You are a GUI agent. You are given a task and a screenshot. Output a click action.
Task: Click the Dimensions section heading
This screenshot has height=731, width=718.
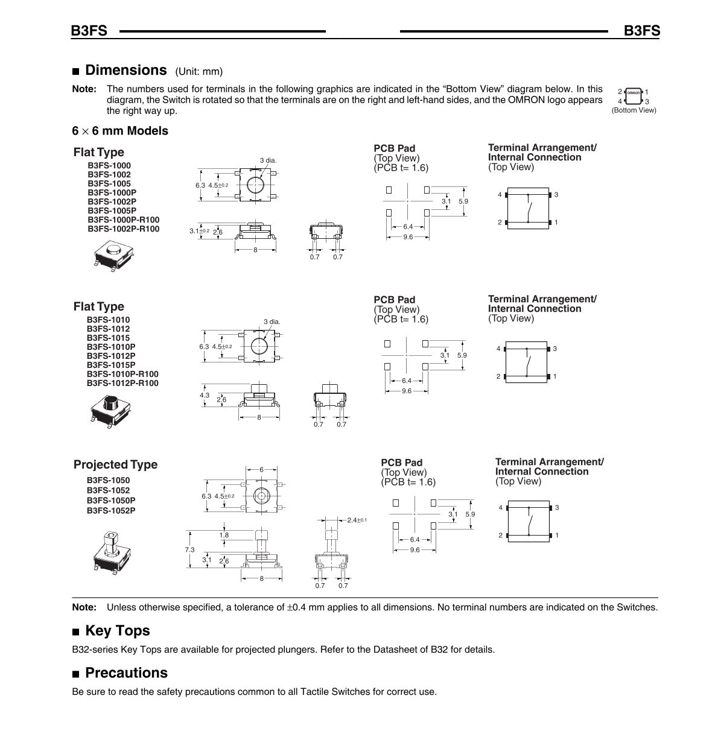click(125, 70)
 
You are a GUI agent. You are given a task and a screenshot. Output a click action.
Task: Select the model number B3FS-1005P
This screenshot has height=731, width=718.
click(112, 210)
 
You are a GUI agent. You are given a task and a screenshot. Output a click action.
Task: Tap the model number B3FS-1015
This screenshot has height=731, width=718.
click(108, 338)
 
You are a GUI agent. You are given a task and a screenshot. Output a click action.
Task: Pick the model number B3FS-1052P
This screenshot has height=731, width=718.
click(111, 511)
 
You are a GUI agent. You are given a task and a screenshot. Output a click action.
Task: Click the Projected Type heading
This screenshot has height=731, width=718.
click(115, 464)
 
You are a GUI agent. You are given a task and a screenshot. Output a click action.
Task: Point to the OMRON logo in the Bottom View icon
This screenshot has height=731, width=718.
click(633, 93)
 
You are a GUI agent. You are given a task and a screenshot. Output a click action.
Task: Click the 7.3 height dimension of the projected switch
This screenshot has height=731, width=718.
click(189, 549)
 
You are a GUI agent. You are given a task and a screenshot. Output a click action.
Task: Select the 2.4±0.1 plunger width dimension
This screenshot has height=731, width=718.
click(357, 520)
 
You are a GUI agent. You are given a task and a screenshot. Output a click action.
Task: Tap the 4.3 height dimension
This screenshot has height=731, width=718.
click(205, 396)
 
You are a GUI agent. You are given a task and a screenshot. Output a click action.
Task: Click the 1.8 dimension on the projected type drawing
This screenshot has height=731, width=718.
click(224, 535)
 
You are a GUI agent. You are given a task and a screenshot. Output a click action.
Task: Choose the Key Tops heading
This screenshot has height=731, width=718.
click(117, 631)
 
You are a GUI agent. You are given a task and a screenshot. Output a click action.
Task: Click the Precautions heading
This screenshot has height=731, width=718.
click(126, 673)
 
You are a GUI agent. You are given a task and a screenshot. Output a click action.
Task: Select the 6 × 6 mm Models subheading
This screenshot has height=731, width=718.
click(120, 131)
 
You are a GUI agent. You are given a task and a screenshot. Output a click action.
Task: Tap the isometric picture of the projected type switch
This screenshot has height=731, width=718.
click(112, 551)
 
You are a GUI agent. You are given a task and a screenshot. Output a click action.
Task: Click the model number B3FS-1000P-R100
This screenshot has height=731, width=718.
click(124, 220)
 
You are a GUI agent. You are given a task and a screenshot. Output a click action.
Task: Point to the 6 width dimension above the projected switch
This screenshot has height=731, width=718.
click(262, 469)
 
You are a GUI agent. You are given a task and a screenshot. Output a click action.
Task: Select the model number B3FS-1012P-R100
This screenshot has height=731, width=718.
click(122, 383)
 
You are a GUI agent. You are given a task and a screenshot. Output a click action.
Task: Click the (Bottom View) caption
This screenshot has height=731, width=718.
click(634, 110)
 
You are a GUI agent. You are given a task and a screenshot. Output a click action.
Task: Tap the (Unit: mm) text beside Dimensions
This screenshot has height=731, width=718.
click(199, 72)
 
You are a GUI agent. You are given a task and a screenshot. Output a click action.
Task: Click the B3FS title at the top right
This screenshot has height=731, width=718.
click(642, 31)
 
